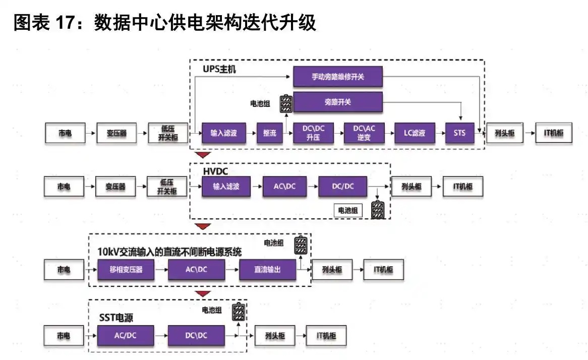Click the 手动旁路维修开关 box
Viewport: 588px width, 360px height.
pyautogui.click(x=338, y=77)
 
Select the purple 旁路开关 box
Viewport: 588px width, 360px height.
pyautogui.click(x=338, y=102)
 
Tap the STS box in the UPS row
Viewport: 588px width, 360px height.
pyautogui.click(x=460, y=134)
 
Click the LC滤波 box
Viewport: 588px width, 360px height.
pyautogui.click(x=414, y=134)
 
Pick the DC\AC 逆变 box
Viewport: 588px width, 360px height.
pyautogui.click(x=364, y=134)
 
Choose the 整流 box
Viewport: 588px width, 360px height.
pyautogui.click(x=270, y=134)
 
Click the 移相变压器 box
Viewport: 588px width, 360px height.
pyautogui.click(x=126, y=269)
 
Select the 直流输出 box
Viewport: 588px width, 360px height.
pyautogui.click(x=267, y=269)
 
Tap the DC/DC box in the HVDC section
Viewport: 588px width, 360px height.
pyautogui.click(x=343, y=187)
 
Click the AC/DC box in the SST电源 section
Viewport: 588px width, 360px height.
pyautogui.click(x=126, y=335)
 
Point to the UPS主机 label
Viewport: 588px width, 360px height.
pyautogui.click(x=219, y=69)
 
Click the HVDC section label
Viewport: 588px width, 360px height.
pyautogui.click(x=216, y=172)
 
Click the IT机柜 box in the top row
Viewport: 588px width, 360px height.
pyautogui.click(x=553, y=134)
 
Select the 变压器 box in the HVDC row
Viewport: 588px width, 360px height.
pyautogui.click(x=116, y=187)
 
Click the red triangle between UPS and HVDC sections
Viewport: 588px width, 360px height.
pyautogui.click(x=203, y=155)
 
